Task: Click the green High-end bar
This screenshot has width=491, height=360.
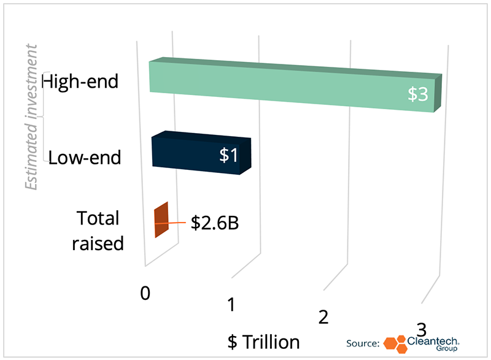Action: click(295, 85)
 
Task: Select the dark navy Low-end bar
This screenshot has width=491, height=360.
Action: click(201, 153)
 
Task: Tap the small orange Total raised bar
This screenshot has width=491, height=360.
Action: click(161, 220)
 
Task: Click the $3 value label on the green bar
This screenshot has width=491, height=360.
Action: click(418, 94)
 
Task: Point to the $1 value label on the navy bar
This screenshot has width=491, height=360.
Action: click(228, 155)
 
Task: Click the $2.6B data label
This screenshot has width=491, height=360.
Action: click(215, 223)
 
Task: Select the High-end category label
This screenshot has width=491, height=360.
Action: click(80, 82)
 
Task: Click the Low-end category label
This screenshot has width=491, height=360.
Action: click(85, 158)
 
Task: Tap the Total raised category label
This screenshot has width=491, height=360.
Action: click(98, 231)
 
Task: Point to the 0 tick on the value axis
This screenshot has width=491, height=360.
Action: click(145, 293)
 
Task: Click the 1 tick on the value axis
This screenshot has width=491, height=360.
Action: click(231, 305)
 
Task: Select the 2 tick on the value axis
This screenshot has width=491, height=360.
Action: click(323, 317)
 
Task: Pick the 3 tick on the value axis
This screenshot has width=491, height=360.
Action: click(422, 330)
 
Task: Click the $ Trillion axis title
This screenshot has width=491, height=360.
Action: click(264, 342)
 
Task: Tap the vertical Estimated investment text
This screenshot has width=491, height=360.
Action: click(31, 117)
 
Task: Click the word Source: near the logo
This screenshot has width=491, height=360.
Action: click(363, 343)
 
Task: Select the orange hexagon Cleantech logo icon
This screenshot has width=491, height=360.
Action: click(395, 345)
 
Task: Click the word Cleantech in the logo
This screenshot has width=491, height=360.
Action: click(433, 341)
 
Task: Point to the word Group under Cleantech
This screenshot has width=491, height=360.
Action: click(447, 348)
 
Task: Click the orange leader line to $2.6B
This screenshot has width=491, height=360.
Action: click(170, 223)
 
